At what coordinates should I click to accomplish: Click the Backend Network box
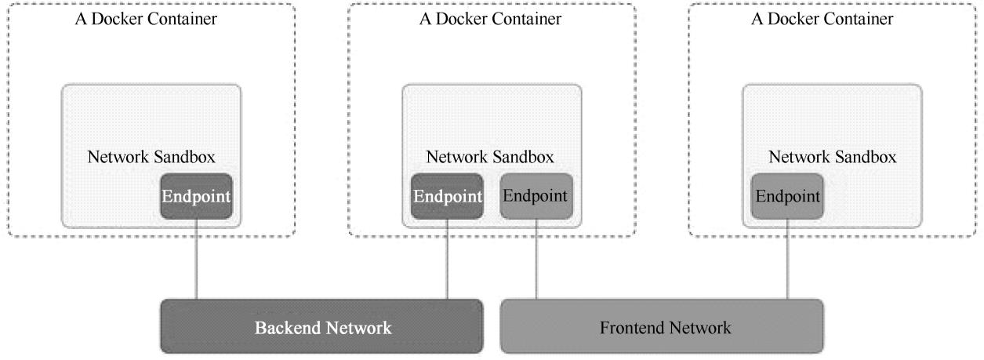(321, 326)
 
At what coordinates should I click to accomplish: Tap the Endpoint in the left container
(196, 196)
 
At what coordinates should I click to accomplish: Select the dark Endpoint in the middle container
(447, 196)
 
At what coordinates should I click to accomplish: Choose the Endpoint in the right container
(787, 196)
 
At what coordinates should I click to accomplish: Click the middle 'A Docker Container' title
(490, 20)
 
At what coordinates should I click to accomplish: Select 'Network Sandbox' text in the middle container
(490, 157)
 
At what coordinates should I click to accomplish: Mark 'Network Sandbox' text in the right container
(833, 157)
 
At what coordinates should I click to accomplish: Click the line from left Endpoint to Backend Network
(196, 259)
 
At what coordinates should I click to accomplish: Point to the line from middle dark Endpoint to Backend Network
(447, 259)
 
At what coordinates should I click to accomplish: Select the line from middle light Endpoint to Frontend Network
(536, 259)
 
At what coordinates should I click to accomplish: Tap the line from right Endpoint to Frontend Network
(787, 259)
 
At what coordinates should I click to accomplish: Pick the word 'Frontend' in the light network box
(630, 327)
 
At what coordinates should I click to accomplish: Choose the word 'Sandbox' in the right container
(869, 157)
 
